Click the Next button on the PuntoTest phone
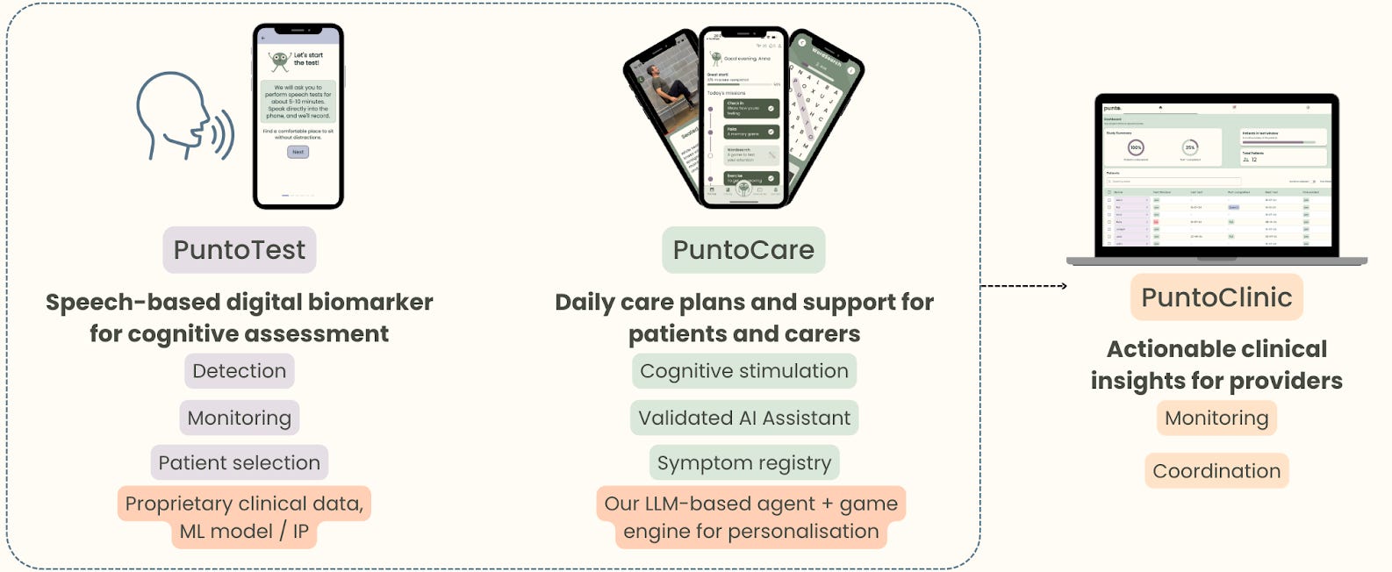click(x=298, y=152)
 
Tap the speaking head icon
click(x=183, y=117)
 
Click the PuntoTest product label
click(x=240, y=250)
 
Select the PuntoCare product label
click(x=743, y=250)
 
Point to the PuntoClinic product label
click(x=1216, y=297)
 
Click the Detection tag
click(x=240, y=371)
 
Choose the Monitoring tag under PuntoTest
click(x=240, y=418)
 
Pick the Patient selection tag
click(x=240, y=463)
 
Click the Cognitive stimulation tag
click(x=744, y=371)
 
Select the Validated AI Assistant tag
click(x=744, y=418)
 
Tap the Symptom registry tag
click(x=744, y=463)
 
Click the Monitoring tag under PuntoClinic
click(x=1216, y=418)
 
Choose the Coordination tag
click(x=1216, y=471)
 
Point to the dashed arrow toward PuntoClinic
click(x=1023, y=286)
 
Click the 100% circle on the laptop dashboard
click(x=1136, y=147)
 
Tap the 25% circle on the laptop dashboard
click(x=1190, y=147)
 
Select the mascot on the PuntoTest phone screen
click(x=280, y=61)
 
